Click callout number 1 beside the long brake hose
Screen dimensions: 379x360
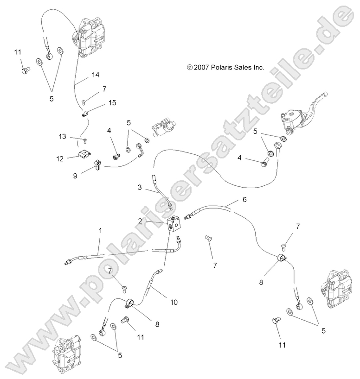pyautogui.click(x=100, y=231)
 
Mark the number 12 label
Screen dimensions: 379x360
pyautogui.click(x=60, y=159)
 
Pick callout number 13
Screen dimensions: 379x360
pyautogui.click(x=63, y=136)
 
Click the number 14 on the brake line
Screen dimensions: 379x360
pyautogui.click(x=95, y=74)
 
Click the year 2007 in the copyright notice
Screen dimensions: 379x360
pyautogui.click(x=201, y=67)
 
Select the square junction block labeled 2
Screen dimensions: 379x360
pyautogui.click(x=175, y=223)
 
